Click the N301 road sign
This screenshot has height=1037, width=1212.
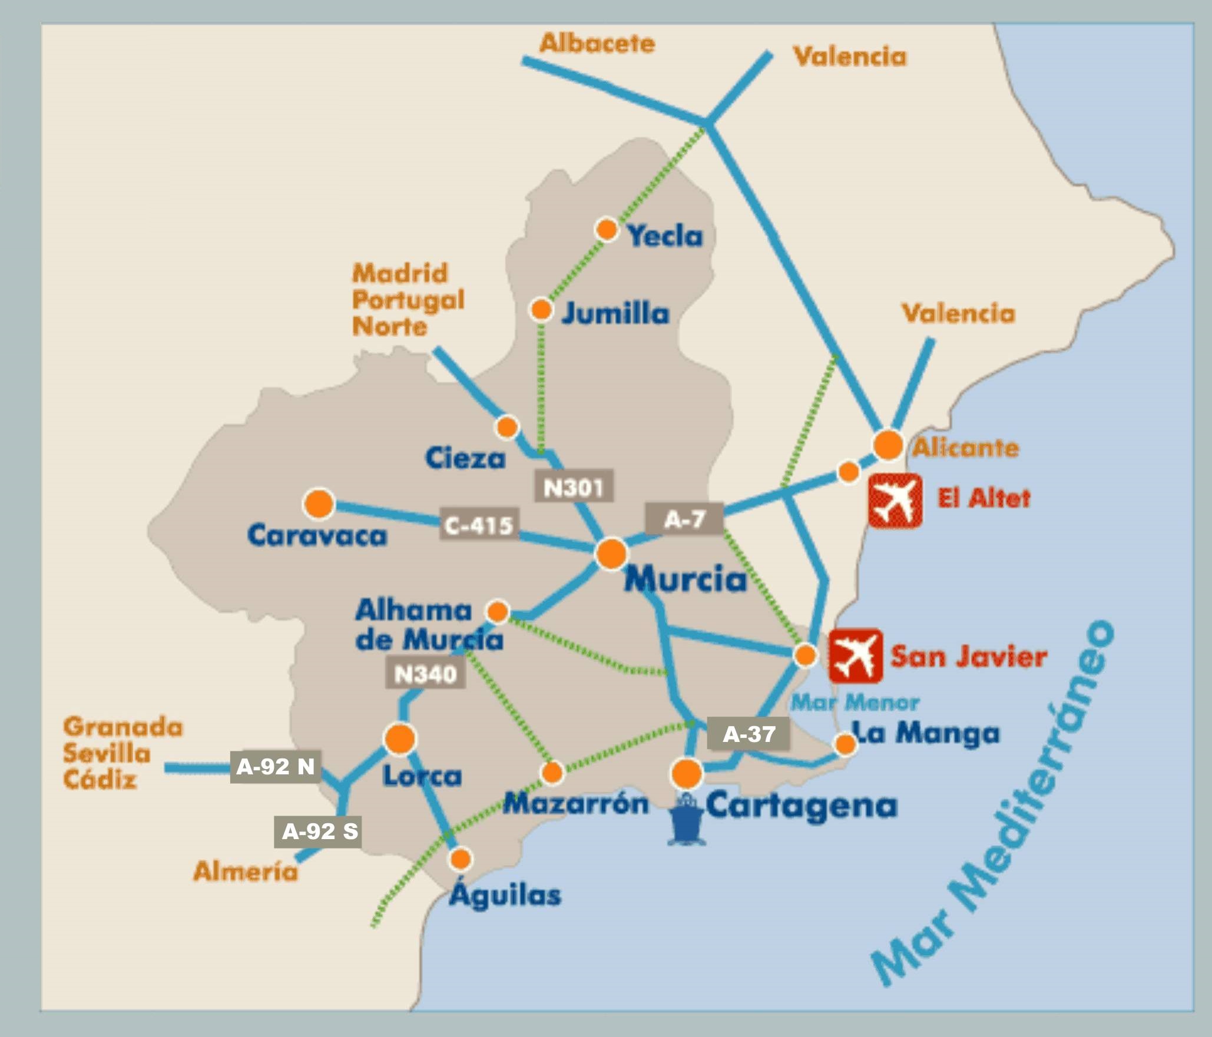(574, 486)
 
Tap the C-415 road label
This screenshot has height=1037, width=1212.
(479, 524)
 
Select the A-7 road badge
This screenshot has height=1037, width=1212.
(684, 519)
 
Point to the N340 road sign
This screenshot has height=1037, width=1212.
(425, 672)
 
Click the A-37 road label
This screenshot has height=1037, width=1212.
(749, 734)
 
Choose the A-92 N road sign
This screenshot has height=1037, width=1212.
(276, 766)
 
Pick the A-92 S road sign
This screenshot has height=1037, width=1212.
(318, 831)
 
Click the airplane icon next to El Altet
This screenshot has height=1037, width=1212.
(895, 501)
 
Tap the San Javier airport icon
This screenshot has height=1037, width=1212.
(855, 655)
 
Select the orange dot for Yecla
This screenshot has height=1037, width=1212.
(607, 229)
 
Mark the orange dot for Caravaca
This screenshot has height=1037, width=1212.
(319, 505)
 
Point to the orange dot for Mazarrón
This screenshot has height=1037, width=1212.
(552, 773)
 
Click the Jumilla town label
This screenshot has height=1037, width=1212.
(615, 313)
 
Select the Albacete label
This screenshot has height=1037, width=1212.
(597, 44)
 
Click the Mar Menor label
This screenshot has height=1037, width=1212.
(855, 703)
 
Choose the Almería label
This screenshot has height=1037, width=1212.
(246, 871)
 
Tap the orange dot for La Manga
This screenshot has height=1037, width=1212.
(845, 744)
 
